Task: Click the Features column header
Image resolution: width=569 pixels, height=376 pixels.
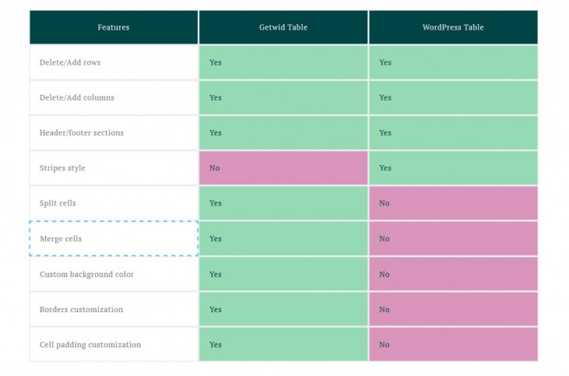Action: (114, 27)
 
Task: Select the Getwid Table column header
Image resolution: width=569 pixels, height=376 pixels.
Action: (283, 27)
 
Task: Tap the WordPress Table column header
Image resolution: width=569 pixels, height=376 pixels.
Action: (453, 27)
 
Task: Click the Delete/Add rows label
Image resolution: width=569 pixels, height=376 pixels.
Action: (70, 62)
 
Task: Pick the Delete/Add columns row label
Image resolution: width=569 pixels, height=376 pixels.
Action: (77, 97)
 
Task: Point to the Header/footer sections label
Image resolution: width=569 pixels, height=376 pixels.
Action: (82, 132)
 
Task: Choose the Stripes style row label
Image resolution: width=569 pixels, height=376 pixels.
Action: (63, 168)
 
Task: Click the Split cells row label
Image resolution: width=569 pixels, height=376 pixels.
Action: (58, 203)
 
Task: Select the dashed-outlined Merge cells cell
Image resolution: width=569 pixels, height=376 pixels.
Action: (114, 238)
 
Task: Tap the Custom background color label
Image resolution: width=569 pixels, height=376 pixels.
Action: (86, 274)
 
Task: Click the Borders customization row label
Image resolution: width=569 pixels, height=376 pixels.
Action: (82, 309)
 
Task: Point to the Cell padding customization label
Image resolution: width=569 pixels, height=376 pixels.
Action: (90, 344)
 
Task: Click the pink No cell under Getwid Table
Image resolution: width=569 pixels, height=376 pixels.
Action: (283, 168)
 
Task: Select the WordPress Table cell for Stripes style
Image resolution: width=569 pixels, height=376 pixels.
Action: (453, 168)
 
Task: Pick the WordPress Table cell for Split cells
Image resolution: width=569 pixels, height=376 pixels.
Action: (453, 203)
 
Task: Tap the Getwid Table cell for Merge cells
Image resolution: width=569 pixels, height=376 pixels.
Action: (283, 238)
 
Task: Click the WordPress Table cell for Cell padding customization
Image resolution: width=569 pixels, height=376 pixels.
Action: (453, 344)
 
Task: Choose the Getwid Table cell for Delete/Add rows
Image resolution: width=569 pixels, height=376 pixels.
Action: (283, 62)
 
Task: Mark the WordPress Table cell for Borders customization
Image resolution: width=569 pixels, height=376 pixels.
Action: (453, 309)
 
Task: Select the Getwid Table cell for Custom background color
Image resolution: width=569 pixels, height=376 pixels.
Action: (283, 274)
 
